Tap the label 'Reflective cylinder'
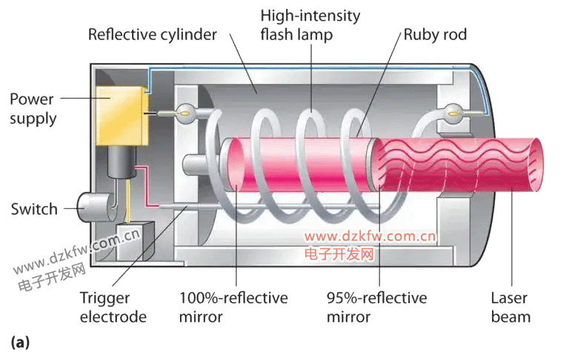[152, 35]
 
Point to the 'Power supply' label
[33, 108]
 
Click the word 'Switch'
[34, 209]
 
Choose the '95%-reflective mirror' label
[376, 307]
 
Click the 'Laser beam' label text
[510, 307]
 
